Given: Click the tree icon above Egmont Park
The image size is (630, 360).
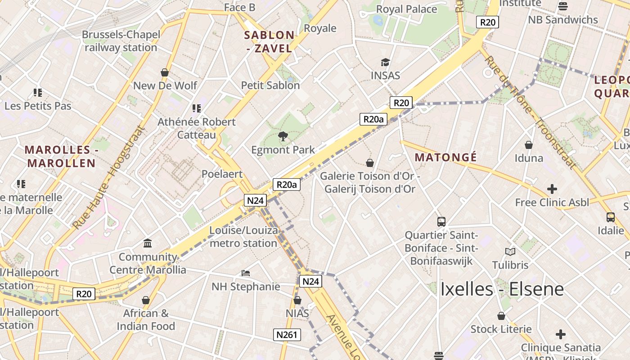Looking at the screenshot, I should (x=283, y=136).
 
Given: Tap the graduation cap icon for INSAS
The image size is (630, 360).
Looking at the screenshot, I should (x=385, y=62).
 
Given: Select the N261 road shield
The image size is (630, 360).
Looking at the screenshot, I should (x=287, y=335).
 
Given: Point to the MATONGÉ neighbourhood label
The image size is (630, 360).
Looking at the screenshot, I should (x=445, y=157).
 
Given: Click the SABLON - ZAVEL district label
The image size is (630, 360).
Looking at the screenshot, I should (x=269, y=41).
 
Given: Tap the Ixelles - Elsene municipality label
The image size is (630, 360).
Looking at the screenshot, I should (x=502, y=289).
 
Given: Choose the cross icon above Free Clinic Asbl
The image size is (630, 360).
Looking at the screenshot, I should (x=552, y=189).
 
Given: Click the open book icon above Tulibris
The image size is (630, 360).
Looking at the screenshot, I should (x=510, y=252).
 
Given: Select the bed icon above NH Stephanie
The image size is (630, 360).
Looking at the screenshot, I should (x=246, y=273).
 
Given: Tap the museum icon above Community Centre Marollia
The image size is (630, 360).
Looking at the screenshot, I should (x=148, y=243).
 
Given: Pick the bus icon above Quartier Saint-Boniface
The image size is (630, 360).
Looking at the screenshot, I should (x=441, y=221).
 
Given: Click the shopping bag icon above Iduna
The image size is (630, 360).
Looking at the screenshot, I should (x=529, y=145).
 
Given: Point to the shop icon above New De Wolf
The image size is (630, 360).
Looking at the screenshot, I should (x=165, y=72).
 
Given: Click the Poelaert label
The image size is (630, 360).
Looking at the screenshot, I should (x=222, y=174).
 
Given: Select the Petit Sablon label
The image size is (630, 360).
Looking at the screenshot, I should (x=270, y=85).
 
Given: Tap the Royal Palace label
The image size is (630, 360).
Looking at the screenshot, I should (x=406, y=9).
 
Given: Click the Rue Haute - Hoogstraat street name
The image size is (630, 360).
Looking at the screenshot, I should (x=109, y=177).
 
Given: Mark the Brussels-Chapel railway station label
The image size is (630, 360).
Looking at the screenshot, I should (x=121, y=41).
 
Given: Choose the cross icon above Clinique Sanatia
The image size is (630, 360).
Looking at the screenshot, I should (x=560, y=334).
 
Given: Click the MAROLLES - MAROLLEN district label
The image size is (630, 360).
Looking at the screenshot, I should (x=61, y=156).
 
